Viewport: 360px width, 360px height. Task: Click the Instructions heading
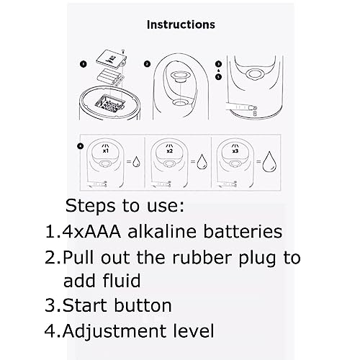[x=181, y=24]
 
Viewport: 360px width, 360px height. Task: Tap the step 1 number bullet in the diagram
[x=83, y=64]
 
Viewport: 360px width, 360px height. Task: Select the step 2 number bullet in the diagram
[x=147, y=64]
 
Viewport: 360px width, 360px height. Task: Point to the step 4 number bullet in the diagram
[x=81, y=145]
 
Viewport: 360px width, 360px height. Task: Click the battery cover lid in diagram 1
[x=111, y=59]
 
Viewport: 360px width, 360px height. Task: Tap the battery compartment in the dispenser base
[x=110, y=103]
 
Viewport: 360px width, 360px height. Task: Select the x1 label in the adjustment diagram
[x=106, y=151]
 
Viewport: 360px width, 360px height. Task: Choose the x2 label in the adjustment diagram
[x=170, y=151]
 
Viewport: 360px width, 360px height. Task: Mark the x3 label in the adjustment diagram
[x=235, y=151]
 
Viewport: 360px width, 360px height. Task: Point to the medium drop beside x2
[x=202, y=161]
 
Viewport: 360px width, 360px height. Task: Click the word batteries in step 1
[x=243, y=231]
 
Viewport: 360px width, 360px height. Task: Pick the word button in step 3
[x=143, y=305]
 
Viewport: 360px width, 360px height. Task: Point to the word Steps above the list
[x=91, y=206]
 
